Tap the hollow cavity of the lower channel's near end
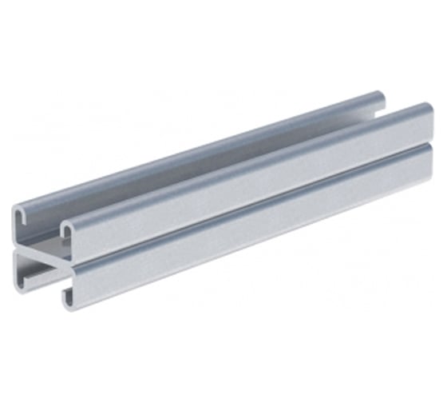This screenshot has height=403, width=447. click(44, 276)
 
